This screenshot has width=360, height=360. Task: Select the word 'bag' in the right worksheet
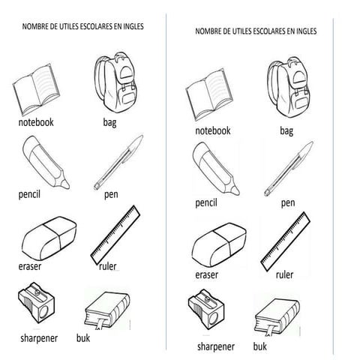click(x=286, y=130)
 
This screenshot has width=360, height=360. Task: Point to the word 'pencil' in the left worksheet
click(x=29, y=194)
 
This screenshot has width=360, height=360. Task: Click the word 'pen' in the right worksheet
click(x=288, y=202)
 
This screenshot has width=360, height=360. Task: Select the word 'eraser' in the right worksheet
click(x=206, y=275)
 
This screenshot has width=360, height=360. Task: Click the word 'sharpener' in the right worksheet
click(x=216, y=347)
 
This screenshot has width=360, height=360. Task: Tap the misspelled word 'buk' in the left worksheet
click(x=83, y=338)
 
